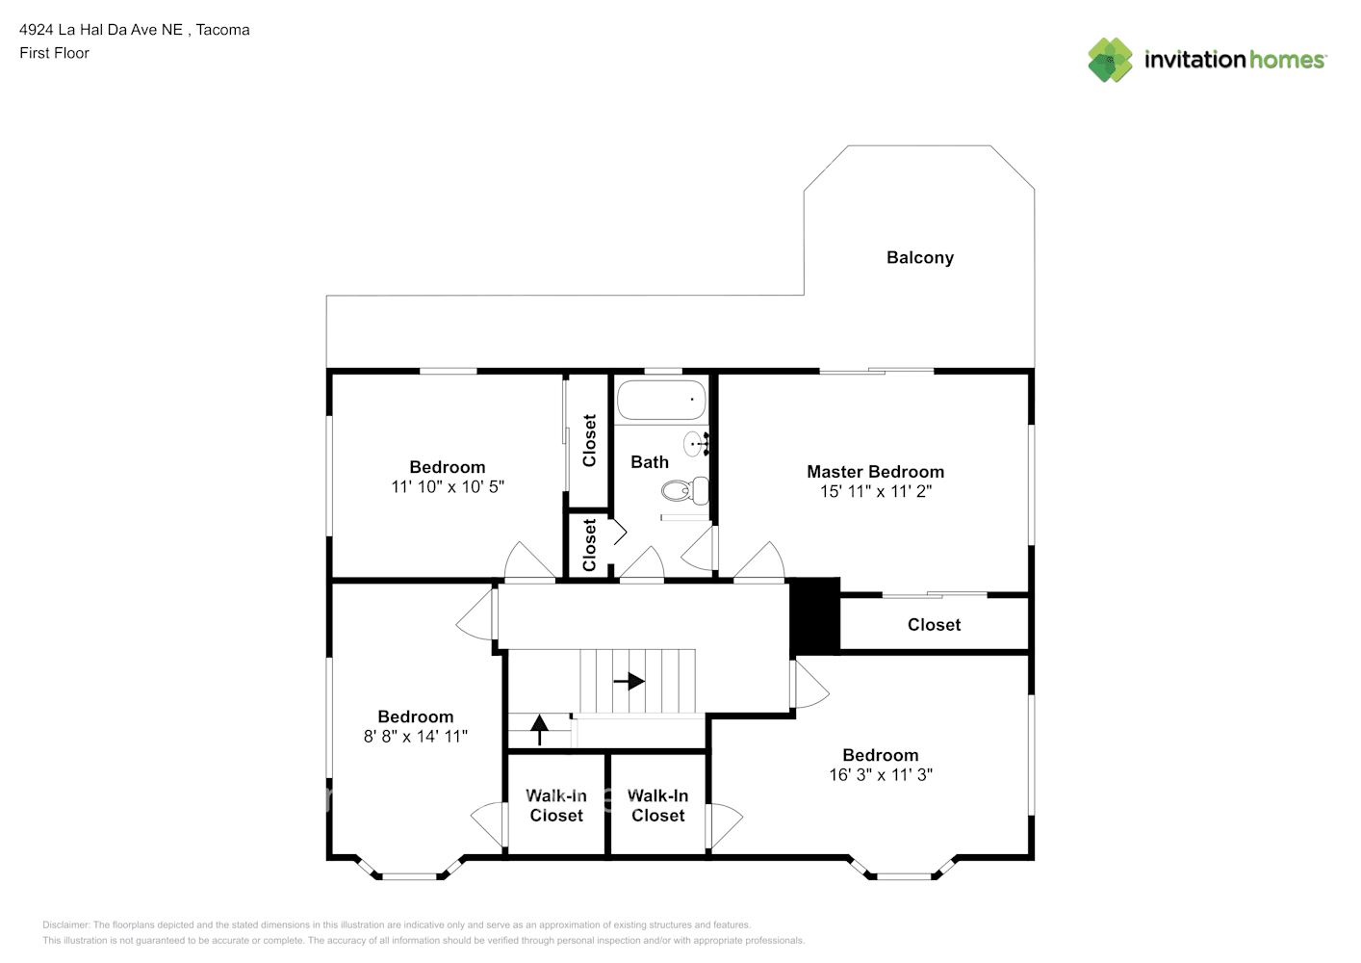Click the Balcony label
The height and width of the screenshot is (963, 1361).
coord(920,258)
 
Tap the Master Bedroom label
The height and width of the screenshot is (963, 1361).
coord(876,471)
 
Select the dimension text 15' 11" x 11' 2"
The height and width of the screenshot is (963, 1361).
coord(876,491)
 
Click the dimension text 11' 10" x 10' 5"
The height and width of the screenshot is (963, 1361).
coord(448,486)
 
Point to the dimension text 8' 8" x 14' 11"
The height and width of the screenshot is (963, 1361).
coord(416,737)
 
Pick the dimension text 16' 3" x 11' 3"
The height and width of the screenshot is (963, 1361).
coord(881,774)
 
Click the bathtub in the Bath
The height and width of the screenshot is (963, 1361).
coord(661,400)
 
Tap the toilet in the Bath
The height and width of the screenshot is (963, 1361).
coord(685,490)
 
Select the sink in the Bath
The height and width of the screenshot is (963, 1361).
coord(696,444)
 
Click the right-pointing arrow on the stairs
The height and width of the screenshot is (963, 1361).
coord(629,681)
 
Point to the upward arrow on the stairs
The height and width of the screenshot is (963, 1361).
coord(540,730)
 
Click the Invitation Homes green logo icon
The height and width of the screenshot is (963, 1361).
coord(1110,60)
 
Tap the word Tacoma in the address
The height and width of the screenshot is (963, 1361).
coord(223,30)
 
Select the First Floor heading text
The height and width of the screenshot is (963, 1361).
coord(54,53)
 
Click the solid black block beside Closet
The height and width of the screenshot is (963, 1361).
coord(815,615)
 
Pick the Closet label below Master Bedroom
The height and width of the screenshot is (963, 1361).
coord(934,624)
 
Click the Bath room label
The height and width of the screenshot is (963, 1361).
coord(650,462)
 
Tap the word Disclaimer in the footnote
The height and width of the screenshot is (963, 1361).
coord(65,924)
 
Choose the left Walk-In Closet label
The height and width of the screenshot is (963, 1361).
coord(556,805)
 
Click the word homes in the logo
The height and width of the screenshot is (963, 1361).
coord(1286,60)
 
